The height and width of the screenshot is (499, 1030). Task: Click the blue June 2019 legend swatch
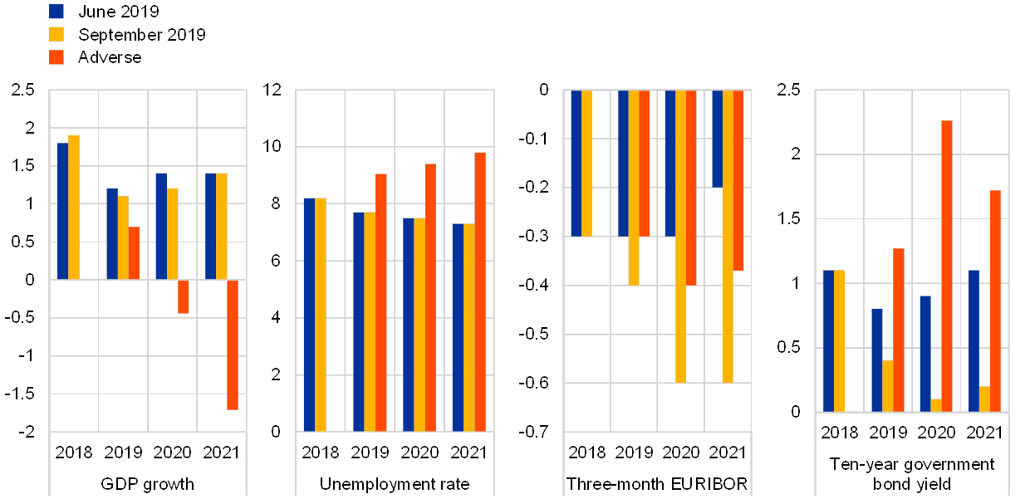tap(57, 11)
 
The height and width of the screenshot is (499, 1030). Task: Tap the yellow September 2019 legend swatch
tap(57, 34)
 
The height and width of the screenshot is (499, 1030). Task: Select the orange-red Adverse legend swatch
tap(57, 57)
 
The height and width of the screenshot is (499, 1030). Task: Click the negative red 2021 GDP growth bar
tap(233, 345)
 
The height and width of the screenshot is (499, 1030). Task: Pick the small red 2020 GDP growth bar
tap(184, 296)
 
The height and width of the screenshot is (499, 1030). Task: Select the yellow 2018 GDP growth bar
tap(74, 208)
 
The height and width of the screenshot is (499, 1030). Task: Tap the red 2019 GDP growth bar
tap(134, 253)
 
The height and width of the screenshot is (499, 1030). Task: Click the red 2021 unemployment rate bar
tap(480, 291)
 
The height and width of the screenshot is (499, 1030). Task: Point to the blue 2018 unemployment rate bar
tap(309, 315)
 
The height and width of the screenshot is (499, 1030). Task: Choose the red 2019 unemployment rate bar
tap(381, 302)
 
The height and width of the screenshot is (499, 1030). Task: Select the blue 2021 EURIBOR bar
tap(718, 139)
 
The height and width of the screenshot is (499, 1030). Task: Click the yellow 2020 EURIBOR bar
tap(680, 237)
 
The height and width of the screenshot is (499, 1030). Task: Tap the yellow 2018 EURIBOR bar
tap(586, 164)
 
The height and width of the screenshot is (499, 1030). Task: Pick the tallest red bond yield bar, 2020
tap(947, 266)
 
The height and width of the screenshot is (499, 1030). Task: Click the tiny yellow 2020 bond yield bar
tap(936, 405)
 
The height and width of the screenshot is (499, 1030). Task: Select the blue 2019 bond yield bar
tap(877, 360)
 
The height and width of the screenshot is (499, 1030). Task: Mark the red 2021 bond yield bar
tap(995, 301)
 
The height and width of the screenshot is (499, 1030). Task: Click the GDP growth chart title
tap(147, 482)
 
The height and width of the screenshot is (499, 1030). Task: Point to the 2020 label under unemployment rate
tap(419, 453)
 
